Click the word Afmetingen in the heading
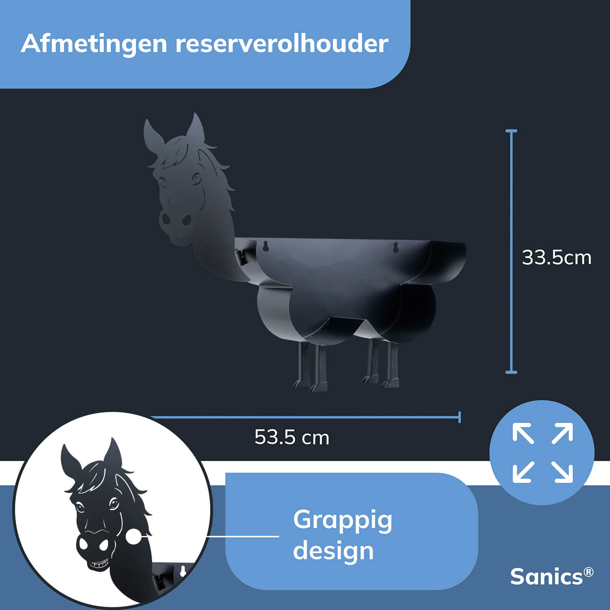(94, 44)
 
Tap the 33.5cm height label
(556, 257)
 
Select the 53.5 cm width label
(292, 437)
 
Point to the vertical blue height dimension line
(511, 251)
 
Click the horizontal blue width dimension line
(305, 417)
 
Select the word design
(333, 551)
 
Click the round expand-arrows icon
(542, 453)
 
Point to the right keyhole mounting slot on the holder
(395, 247)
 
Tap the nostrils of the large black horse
(176, 220)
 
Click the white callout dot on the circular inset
(133, 536)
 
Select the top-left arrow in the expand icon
(523, 433)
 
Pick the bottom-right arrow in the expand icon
(562, 472)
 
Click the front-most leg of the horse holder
(319, 368)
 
